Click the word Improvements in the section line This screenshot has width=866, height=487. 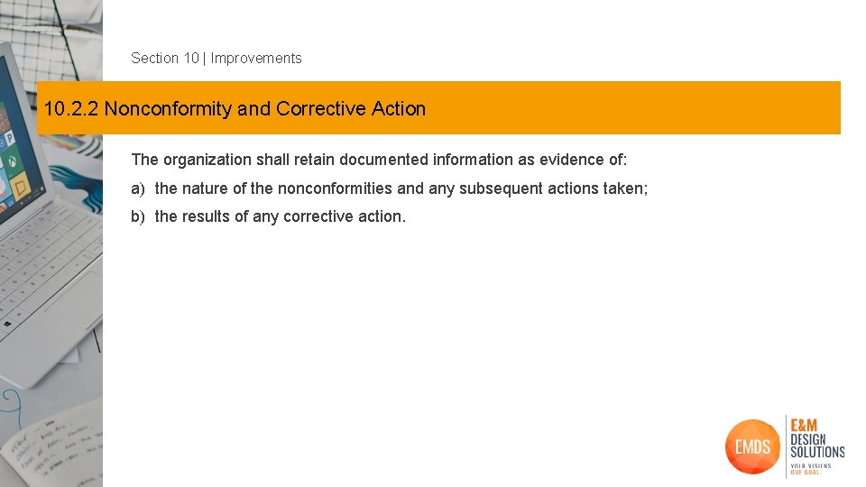click(x=256, y=58)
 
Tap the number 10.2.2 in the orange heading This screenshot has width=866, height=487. click(x=71, y=109)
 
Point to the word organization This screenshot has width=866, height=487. click(x=207, y=160)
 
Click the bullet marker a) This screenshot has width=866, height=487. click(x=138, y=188)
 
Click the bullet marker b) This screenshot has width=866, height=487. click(x=138, y=216)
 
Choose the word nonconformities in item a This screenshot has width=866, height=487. click(x=335, y=188)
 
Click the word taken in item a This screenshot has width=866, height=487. click(x=624, y=188)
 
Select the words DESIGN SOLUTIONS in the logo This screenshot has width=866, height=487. click(x=816, y=446)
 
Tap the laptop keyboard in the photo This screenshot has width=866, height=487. click(x=45, y=271)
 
